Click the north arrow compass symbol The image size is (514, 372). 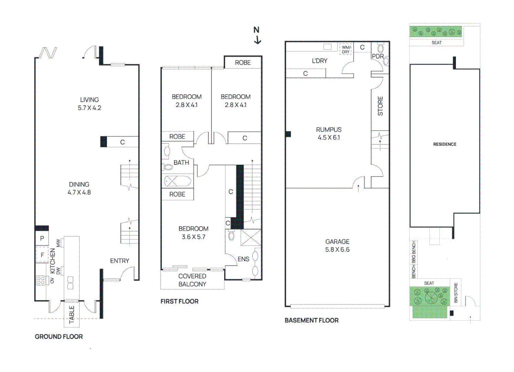point(257,35)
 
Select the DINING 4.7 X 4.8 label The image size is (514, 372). point(79,188)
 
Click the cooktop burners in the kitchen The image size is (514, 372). point(41,280)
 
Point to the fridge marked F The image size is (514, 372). point(42,255)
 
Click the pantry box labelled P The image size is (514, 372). point(42,238)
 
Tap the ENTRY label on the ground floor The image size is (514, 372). point(119,261)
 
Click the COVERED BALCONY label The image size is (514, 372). point(192,280)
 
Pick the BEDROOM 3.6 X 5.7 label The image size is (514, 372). point(193,232)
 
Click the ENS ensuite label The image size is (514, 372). point(243,259)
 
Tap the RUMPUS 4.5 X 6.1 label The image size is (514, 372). point(329,134)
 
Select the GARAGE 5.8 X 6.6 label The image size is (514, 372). point(337,246)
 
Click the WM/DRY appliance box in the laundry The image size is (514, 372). point(346,50)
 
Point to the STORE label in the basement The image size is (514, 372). point(380,106)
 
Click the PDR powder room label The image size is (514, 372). point(377,56)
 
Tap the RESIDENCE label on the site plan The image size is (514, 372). point(445,144)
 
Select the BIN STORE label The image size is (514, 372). point(456,293)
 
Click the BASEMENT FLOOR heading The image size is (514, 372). point(311,320)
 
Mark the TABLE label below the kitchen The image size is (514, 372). point(72,314)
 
